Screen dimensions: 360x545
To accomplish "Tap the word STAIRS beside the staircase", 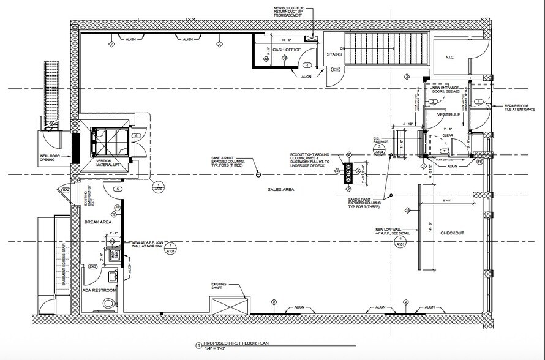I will point(334,54).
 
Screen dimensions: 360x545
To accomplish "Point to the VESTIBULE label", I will point(448,114).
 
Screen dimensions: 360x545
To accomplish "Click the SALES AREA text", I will point(281,190).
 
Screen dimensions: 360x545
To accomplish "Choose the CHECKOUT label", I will point(452,233).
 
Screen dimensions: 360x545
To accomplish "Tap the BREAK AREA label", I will point(97,223).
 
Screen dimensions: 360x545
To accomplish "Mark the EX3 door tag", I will point(93,267).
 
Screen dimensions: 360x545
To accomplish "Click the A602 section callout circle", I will point(159,187).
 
